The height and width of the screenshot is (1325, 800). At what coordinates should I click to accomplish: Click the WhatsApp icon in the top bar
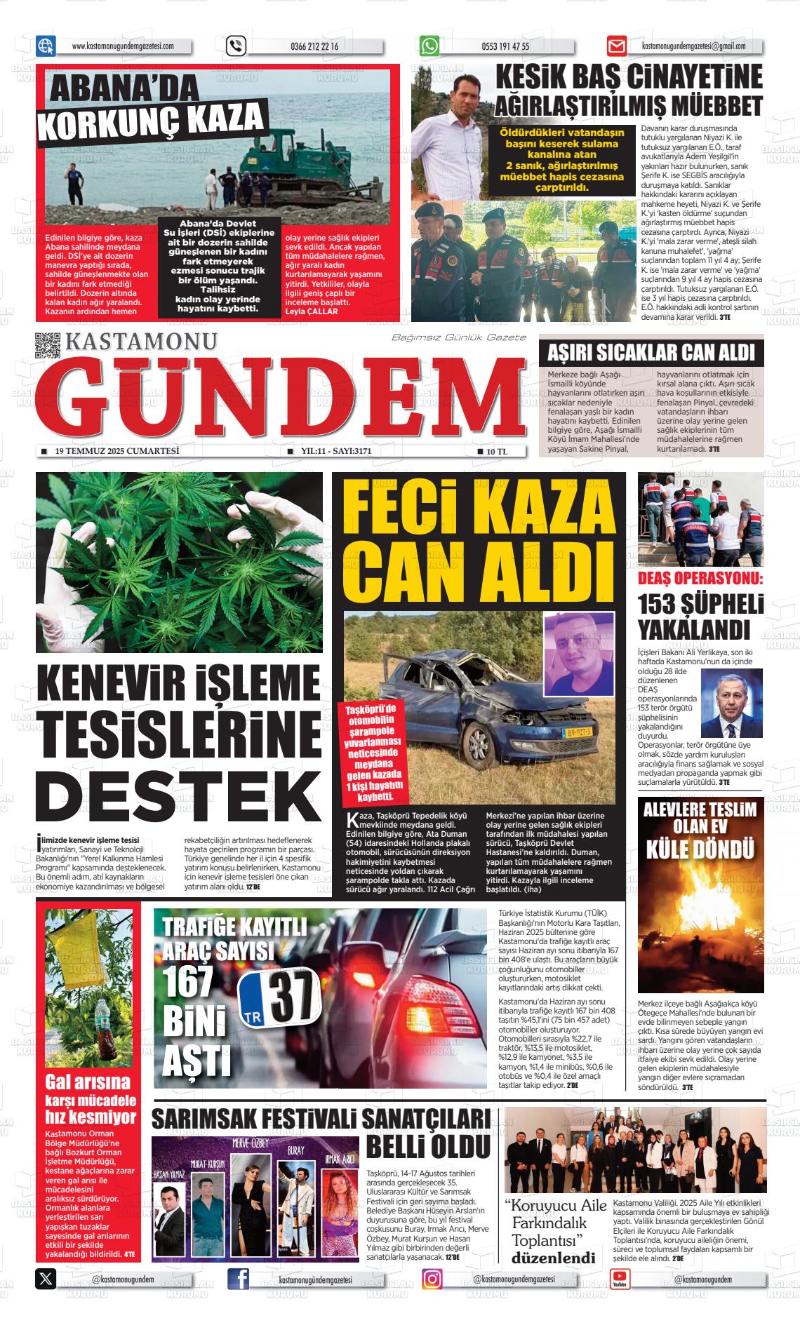(429, 46)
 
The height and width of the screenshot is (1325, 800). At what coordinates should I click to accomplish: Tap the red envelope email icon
(616, 46)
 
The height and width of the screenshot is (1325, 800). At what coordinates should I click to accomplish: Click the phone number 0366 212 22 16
(314, 47)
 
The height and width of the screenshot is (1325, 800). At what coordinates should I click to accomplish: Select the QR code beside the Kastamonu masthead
(48, 345)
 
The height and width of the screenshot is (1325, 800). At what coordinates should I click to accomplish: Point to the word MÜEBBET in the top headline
(716, 106)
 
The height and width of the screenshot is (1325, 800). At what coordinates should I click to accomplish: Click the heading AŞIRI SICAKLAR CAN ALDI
(651, 352)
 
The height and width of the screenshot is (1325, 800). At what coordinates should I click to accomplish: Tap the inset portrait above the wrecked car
(578, 653)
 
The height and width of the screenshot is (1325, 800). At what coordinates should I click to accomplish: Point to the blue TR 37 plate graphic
(279, 996)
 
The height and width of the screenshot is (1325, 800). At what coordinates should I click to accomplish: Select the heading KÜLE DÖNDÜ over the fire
(700, 848)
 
